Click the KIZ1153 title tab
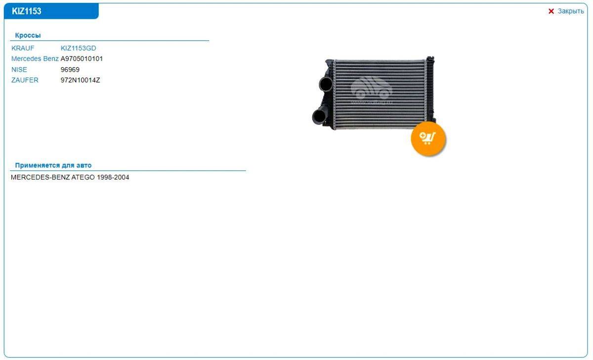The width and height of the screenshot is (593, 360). (x=51, y=11)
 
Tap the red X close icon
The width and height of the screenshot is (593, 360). (x=551, y=11)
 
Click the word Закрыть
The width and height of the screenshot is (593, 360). (x=570, y=11)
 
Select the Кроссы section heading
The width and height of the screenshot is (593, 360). (x=28, y=35)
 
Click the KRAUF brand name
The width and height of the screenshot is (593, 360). (x=23, y=48)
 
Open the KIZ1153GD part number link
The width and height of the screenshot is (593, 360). (x=79, y=48)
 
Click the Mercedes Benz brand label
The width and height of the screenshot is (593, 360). (x=35, y=59)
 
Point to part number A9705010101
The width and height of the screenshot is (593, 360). (x=82, y=59)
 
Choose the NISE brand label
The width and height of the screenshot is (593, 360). (x=19, y=70)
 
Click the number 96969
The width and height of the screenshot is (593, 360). (x=70, y=70)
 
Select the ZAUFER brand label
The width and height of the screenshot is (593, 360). (x=25, y=80)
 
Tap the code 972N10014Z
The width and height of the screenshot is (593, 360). (x=81, y=80)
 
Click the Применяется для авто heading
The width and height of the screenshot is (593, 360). (x=53, y=165)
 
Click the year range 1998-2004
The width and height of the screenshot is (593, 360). (x=113, y=177)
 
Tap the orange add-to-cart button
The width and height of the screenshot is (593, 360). (x=428, y=139)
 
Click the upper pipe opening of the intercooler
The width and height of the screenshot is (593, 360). (x=326, y=84)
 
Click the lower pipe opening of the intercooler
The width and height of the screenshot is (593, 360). (x=319, y=117)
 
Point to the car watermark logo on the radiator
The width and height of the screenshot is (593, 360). (x=372, y=89)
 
